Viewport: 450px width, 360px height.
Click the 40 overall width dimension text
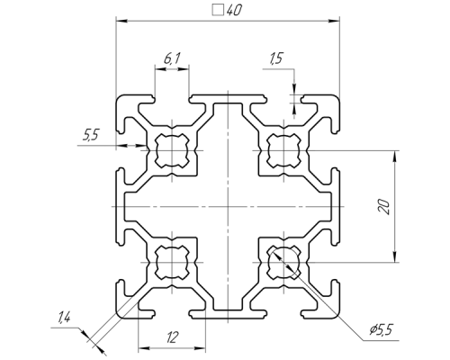tap(234, 11)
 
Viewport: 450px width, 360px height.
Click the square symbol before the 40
tap(218, 10)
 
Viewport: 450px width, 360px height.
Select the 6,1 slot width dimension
tap(172, 58)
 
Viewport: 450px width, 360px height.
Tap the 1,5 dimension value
tap(276, 58)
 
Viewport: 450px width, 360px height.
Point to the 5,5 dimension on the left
tap(90, 135)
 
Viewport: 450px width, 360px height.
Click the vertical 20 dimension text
tap(384, 207)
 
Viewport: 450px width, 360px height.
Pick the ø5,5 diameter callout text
tap(381, 329)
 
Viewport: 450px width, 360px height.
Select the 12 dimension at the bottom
tap(172, 337)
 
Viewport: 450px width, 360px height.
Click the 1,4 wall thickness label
tap(64, 317)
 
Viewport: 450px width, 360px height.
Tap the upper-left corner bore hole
tap(172, 150)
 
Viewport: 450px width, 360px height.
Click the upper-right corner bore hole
tap(283, 150)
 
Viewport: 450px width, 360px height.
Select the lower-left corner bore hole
tap(172, 263)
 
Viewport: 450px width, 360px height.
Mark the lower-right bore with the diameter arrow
tap(283, 263)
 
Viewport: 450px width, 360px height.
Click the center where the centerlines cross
tap(228, 207)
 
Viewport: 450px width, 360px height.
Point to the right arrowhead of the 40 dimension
tap(335, 21)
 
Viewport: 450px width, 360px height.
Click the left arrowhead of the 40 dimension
tap(121, 21)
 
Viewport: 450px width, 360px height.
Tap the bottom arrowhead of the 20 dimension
tap(395, 257)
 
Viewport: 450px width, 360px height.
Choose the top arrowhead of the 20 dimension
tap(395, 156)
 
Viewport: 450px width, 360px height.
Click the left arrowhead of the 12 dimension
tap(144, 348)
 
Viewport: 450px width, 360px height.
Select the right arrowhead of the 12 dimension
tap(200, 348)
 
